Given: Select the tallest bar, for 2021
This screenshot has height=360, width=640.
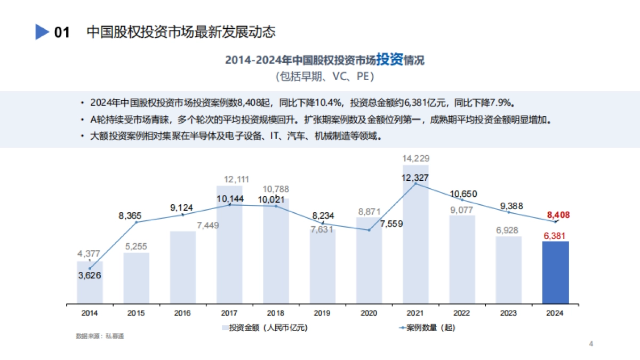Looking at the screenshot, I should (415, 235).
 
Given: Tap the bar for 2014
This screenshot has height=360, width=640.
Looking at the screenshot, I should (90, 283).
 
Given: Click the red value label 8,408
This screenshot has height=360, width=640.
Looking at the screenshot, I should (558, 215).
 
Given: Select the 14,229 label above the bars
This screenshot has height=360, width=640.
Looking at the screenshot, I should (415, 158).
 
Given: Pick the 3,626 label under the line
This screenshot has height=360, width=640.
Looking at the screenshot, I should (90, 275).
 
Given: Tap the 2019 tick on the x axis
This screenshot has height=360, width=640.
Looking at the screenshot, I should (322, 313).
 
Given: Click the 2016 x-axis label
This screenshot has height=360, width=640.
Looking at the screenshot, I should (182, 313).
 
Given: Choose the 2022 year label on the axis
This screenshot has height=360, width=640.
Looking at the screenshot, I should (462, 313).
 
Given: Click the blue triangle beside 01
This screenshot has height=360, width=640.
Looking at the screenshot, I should (42, 32).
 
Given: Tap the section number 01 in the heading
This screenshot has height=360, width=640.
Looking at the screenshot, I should (62, 33).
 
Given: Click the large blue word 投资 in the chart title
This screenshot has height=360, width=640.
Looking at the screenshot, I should (389, 59).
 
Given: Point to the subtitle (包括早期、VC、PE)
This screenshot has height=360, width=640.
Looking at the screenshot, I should (324, 77).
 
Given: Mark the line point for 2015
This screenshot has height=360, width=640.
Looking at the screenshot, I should (137, 222).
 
